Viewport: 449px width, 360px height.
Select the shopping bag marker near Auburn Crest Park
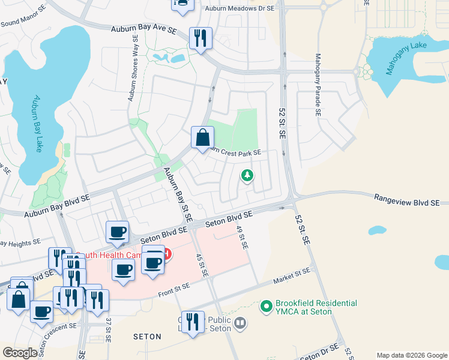(203, 137)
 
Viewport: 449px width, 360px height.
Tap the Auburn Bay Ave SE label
(143, 29)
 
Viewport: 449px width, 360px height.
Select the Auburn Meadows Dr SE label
(239, 8)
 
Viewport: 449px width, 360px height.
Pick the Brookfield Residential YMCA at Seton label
(316, 307)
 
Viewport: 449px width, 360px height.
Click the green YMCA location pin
(266, 307)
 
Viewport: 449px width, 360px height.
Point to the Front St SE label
(174, 290)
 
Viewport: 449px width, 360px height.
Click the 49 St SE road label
(241, 238)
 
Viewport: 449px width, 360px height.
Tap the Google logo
(20, 353)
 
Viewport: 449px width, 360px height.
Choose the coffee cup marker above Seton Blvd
(117, 231)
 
